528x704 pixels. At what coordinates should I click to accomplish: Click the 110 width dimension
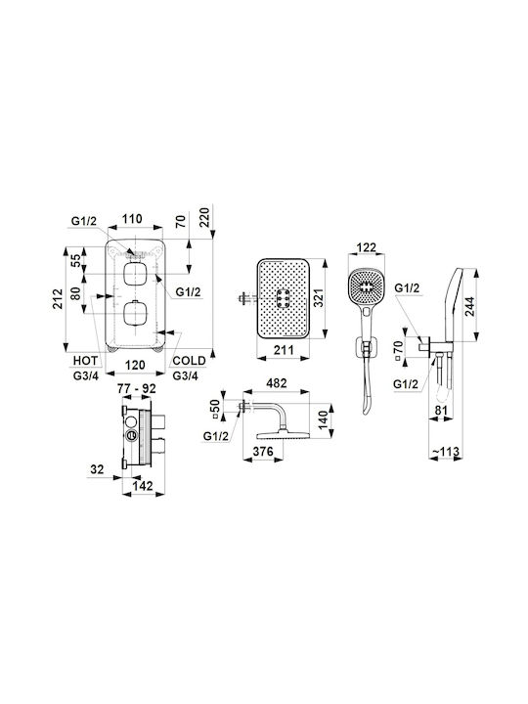coord(132,219)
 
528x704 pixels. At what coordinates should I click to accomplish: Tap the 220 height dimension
coord(204,216)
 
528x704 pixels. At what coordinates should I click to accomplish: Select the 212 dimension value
coord(58,298)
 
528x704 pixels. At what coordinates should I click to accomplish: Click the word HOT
coord(85,361)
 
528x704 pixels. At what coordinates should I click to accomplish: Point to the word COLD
coord(189,361)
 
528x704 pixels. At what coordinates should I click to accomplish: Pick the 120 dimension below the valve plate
coord(135,365)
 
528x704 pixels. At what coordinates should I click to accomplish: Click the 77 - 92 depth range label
coord(137,388)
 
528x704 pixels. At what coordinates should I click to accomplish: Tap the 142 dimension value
coord(143,485)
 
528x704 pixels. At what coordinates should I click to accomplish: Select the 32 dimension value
coord(97,469)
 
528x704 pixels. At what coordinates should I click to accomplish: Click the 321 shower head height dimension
coord(318,298)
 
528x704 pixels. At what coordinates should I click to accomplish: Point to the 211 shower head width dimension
coord(284,349)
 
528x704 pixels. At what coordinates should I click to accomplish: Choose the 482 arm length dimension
coord(276,383)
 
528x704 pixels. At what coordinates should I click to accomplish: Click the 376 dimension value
coord(263,451)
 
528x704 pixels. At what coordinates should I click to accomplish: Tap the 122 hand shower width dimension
coord(366,247)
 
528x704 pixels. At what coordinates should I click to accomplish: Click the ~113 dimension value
coord(446,451)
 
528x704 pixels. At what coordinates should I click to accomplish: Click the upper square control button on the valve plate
coord(134,274)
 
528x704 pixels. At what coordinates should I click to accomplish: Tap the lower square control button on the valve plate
coord(134,313)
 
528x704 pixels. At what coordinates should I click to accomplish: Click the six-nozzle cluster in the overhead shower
coord(284,298)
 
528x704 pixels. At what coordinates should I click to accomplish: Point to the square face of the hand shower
coord(367,286)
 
